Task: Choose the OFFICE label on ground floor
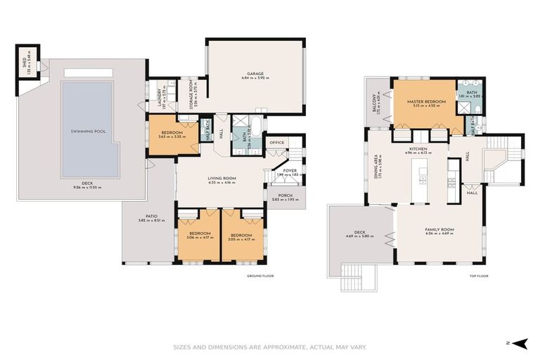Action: [276, 143]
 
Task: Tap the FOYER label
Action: [290, 171]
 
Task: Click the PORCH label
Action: [285, 198]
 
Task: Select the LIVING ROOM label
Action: [221, 179]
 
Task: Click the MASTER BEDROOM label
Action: [426, 102]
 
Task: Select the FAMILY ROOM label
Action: [440, 230]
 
